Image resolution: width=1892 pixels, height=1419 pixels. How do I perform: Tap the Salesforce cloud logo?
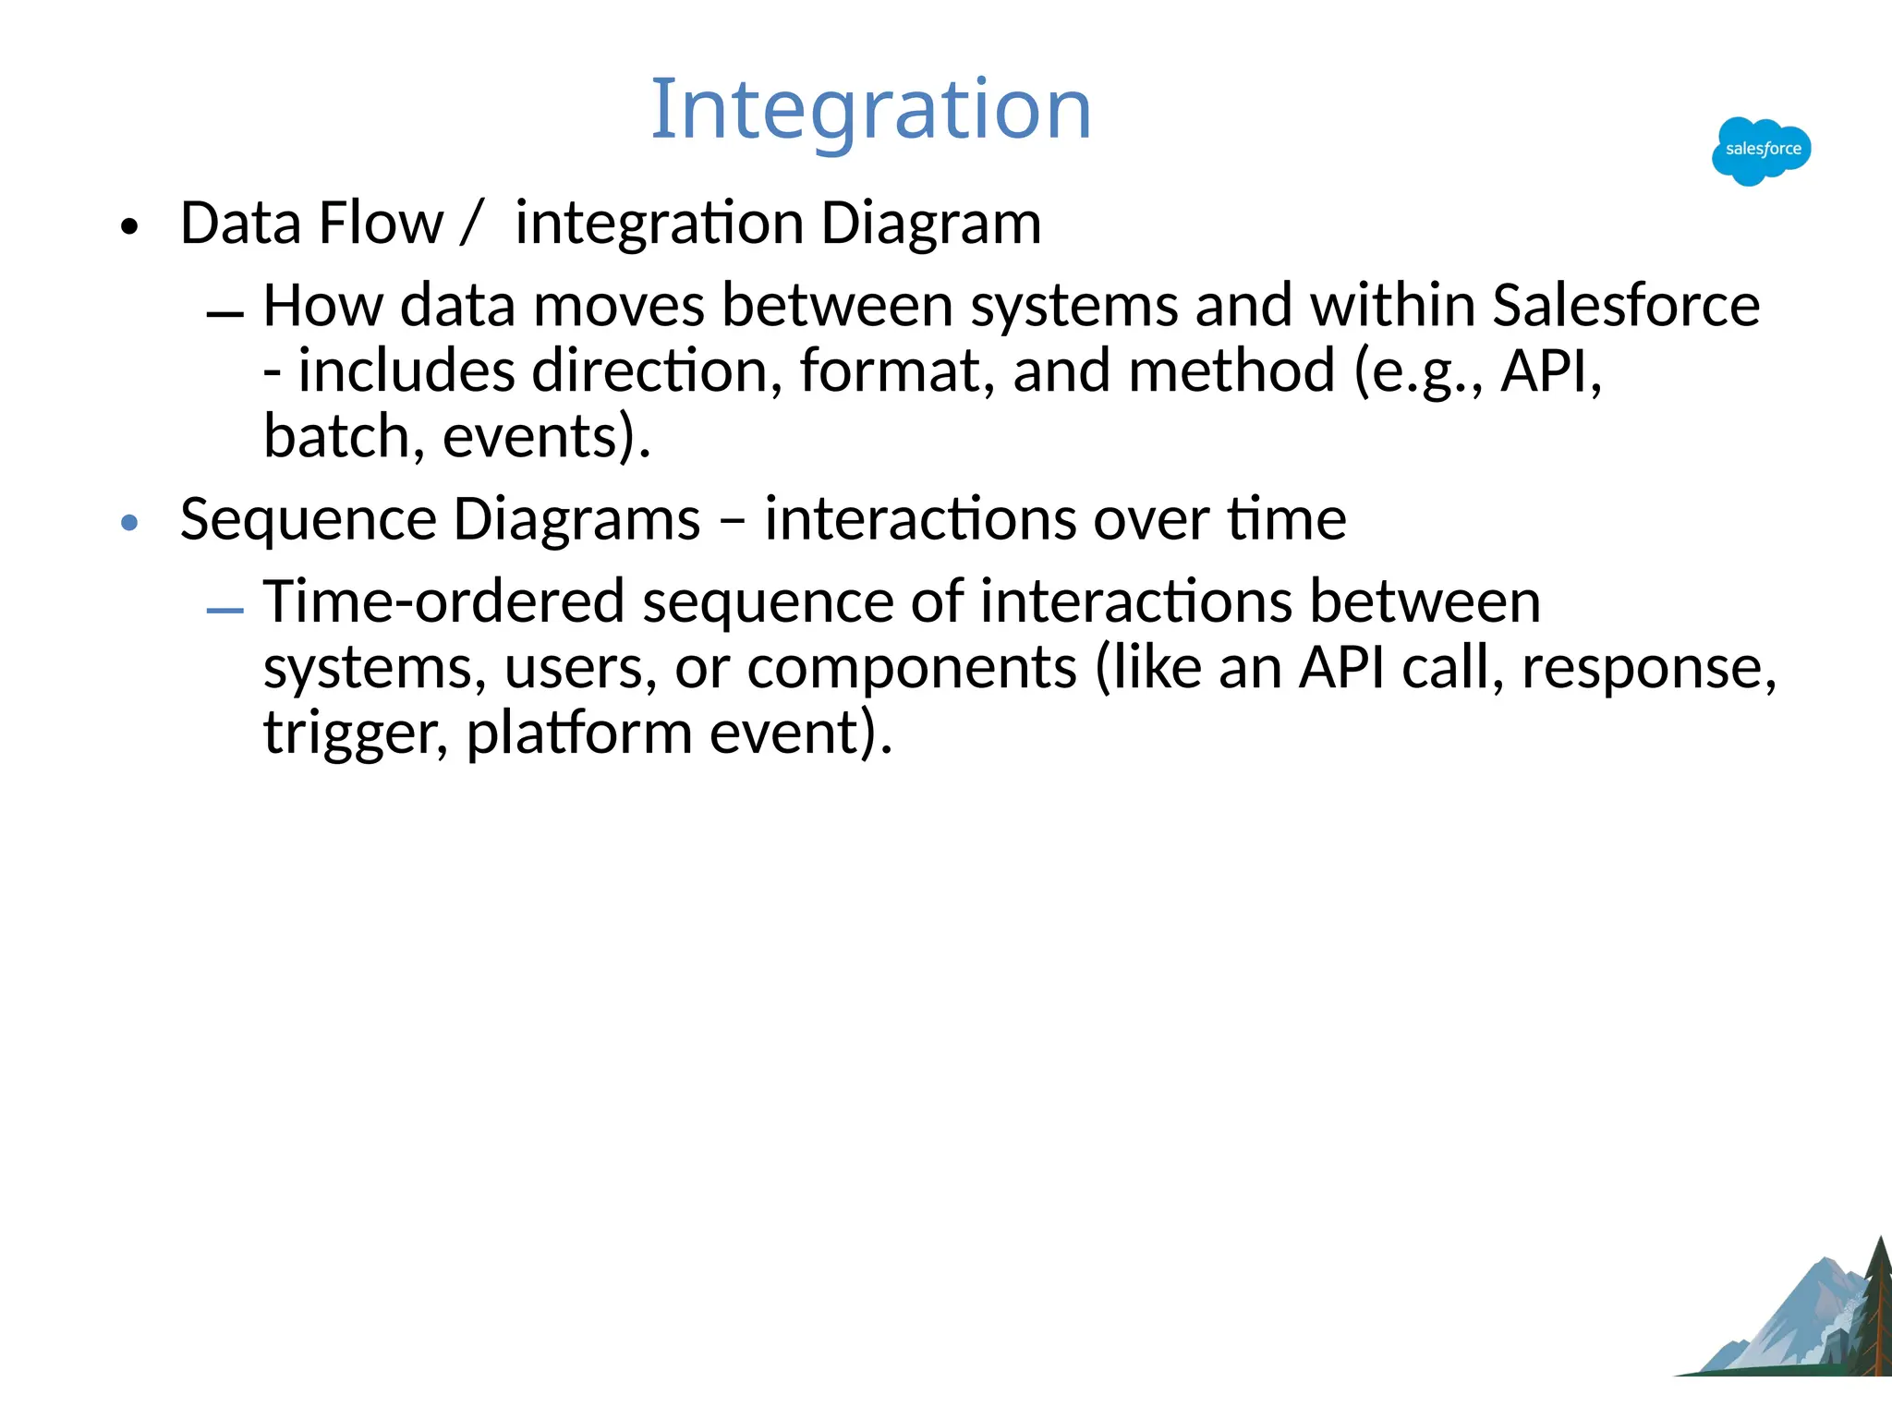click(x=1761, y=151)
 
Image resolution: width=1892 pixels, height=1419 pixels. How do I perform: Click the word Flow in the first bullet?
click(x=381, y=224)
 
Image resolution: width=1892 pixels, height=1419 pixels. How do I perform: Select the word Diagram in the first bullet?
click(x=930, y=224)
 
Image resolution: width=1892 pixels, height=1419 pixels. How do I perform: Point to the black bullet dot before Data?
click(x=129, y=227)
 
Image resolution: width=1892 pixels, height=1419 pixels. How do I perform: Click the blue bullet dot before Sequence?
click(x=129, y=523)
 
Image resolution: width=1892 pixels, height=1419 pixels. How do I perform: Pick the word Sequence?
click(x=307, y=519)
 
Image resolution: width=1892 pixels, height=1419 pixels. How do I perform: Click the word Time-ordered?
click(x=443, y=601)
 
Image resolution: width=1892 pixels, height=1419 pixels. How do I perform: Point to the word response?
click(x=1647, y=669)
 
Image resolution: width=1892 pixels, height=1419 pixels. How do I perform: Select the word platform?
click(x=578, y=734)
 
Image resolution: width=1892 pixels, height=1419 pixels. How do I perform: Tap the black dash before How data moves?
click(x=225, y=316)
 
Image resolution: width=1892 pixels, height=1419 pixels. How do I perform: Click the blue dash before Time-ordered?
click(x=225, y=612)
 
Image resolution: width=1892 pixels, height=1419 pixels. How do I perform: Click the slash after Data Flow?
click(x=471, y=224)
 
